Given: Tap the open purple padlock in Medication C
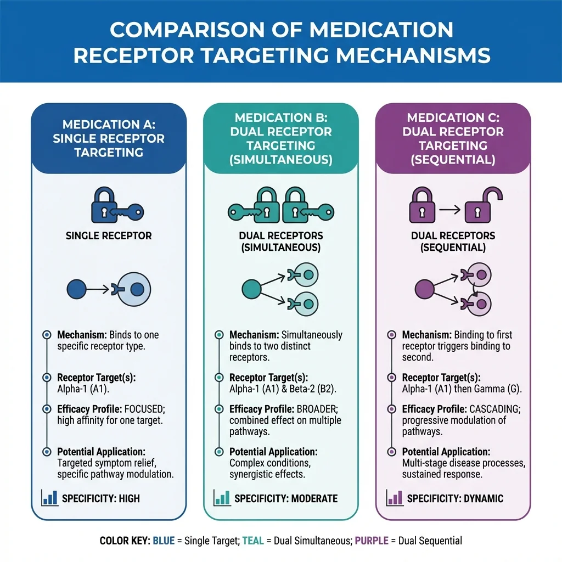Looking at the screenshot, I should click(477, 206).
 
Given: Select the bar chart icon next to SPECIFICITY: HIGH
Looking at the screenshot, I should click(49, 498).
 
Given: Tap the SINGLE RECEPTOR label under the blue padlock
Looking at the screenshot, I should click(109, 236).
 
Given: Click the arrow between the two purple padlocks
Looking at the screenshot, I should click(450, 209).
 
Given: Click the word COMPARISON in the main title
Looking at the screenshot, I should click(193, 30).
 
